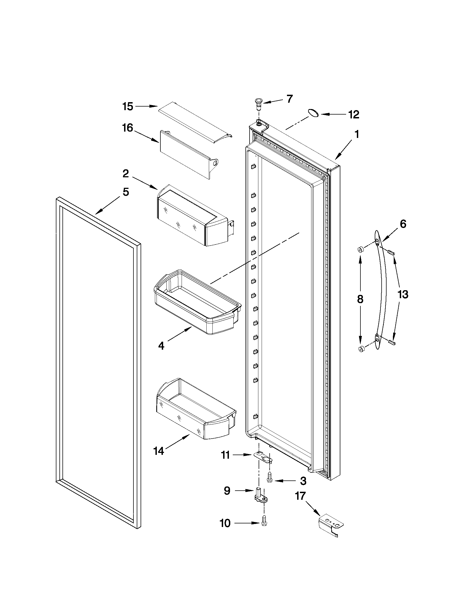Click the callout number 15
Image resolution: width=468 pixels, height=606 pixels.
point(128,107)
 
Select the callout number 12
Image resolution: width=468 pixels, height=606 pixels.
point(354,114)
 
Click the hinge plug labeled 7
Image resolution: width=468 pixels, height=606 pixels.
point(258,104)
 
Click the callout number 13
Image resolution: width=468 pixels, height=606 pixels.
point(403,294)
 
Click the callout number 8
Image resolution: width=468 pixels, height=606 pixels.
point(360,299)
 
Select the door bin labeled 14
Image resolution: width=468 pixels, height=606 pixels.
point(195,409)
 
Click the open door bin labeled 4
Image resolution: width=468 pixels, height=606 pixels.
point(195,302)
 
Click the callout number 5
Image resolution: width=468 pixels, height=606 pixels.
point(126,192)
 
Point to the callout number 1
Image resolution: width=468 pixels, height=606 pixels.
point(357,135)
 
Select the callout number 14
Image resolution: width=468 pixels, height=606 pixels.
point(158,451)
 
